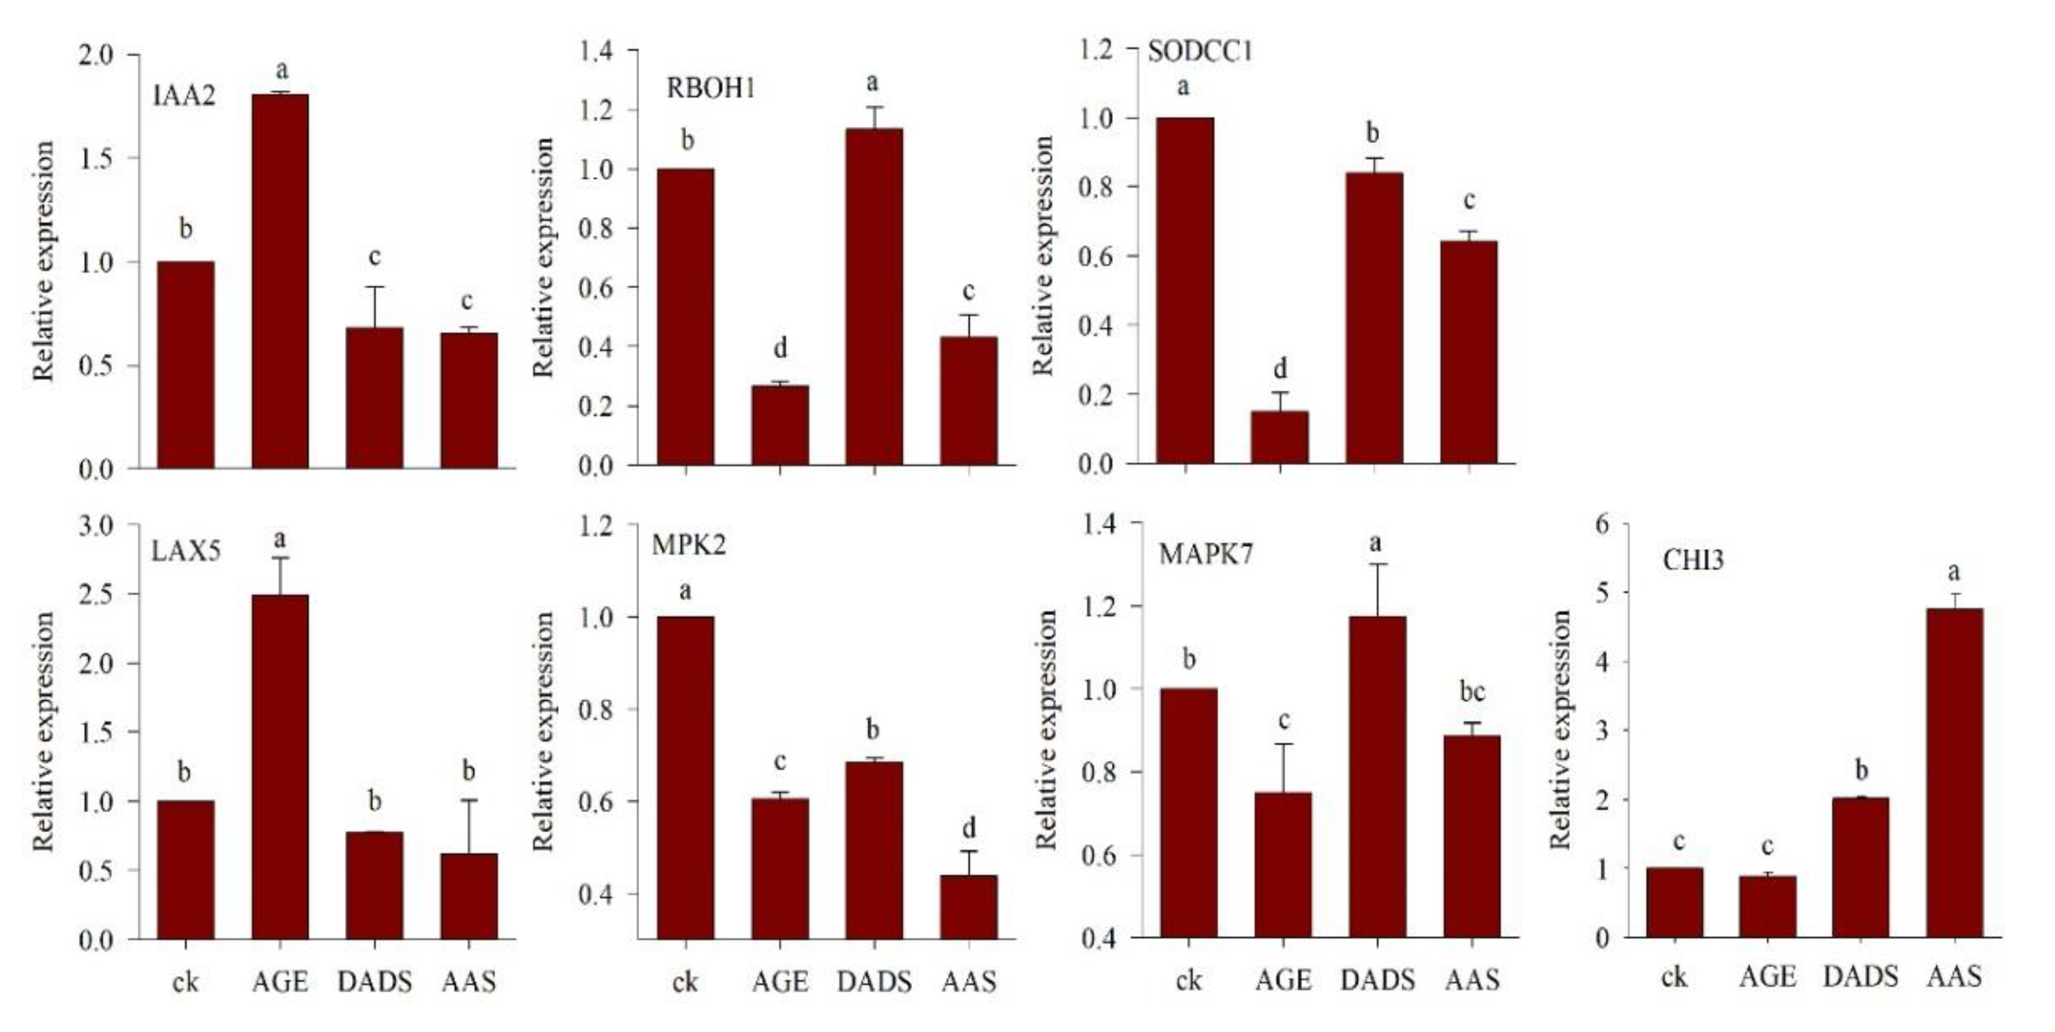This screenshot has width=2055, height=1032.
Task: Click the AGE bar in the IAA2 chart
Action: (x=280, y=280)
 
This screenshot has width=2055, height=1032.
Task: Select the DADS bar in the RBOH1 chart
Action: (x=875, y=296)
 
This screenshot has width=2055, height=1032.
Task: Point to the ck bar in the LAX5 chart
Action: (x=185, y=869)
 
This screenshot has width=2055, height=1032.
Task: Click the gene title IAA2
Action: (x=184, y=96)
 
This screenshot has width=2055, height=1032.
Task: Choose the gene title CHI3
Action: (x=1693, y=561)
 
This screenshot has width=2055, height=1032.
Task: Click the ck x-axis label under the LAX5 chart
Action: (x=185, y=981)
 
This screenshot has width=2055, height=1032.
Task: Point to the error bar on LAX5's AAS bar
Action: (x=469, y=826)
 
